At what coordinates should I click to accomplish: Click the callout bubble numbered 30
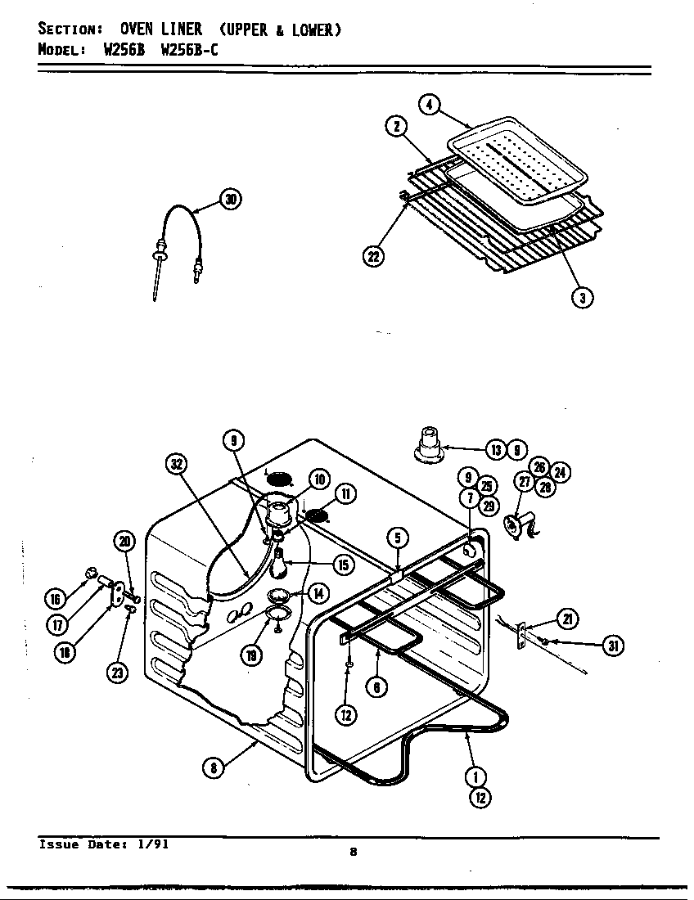[232, 200]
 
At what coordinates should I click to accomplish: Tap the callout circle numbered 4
[429, 105]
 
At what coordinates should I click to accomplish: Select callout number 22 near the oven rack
[373, 256]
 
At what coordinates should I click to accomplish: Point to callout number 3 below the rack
[581, 297]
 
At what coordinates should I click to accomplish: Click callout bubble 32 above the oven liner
[176, 464]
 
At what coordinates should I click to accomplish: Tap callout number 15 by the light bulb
[343, 565]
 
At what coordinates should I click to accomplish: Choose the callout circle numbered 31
[611, 646]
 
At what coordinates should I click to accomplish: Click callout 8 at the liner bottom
[213, 767]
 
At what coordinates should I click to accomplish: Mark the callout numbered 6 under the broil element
[376, 687]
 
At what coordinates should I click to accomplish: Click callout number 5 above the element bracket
[398, 538]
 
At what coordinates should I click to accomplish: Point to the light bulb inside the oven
[280, 565]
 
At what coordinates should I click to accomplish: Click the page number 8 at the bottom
[353, 853]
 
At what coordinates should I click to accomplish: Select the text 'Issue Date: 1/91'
[103, 844]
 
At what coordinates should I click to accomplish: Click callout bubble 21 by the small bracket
[567, 619]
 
